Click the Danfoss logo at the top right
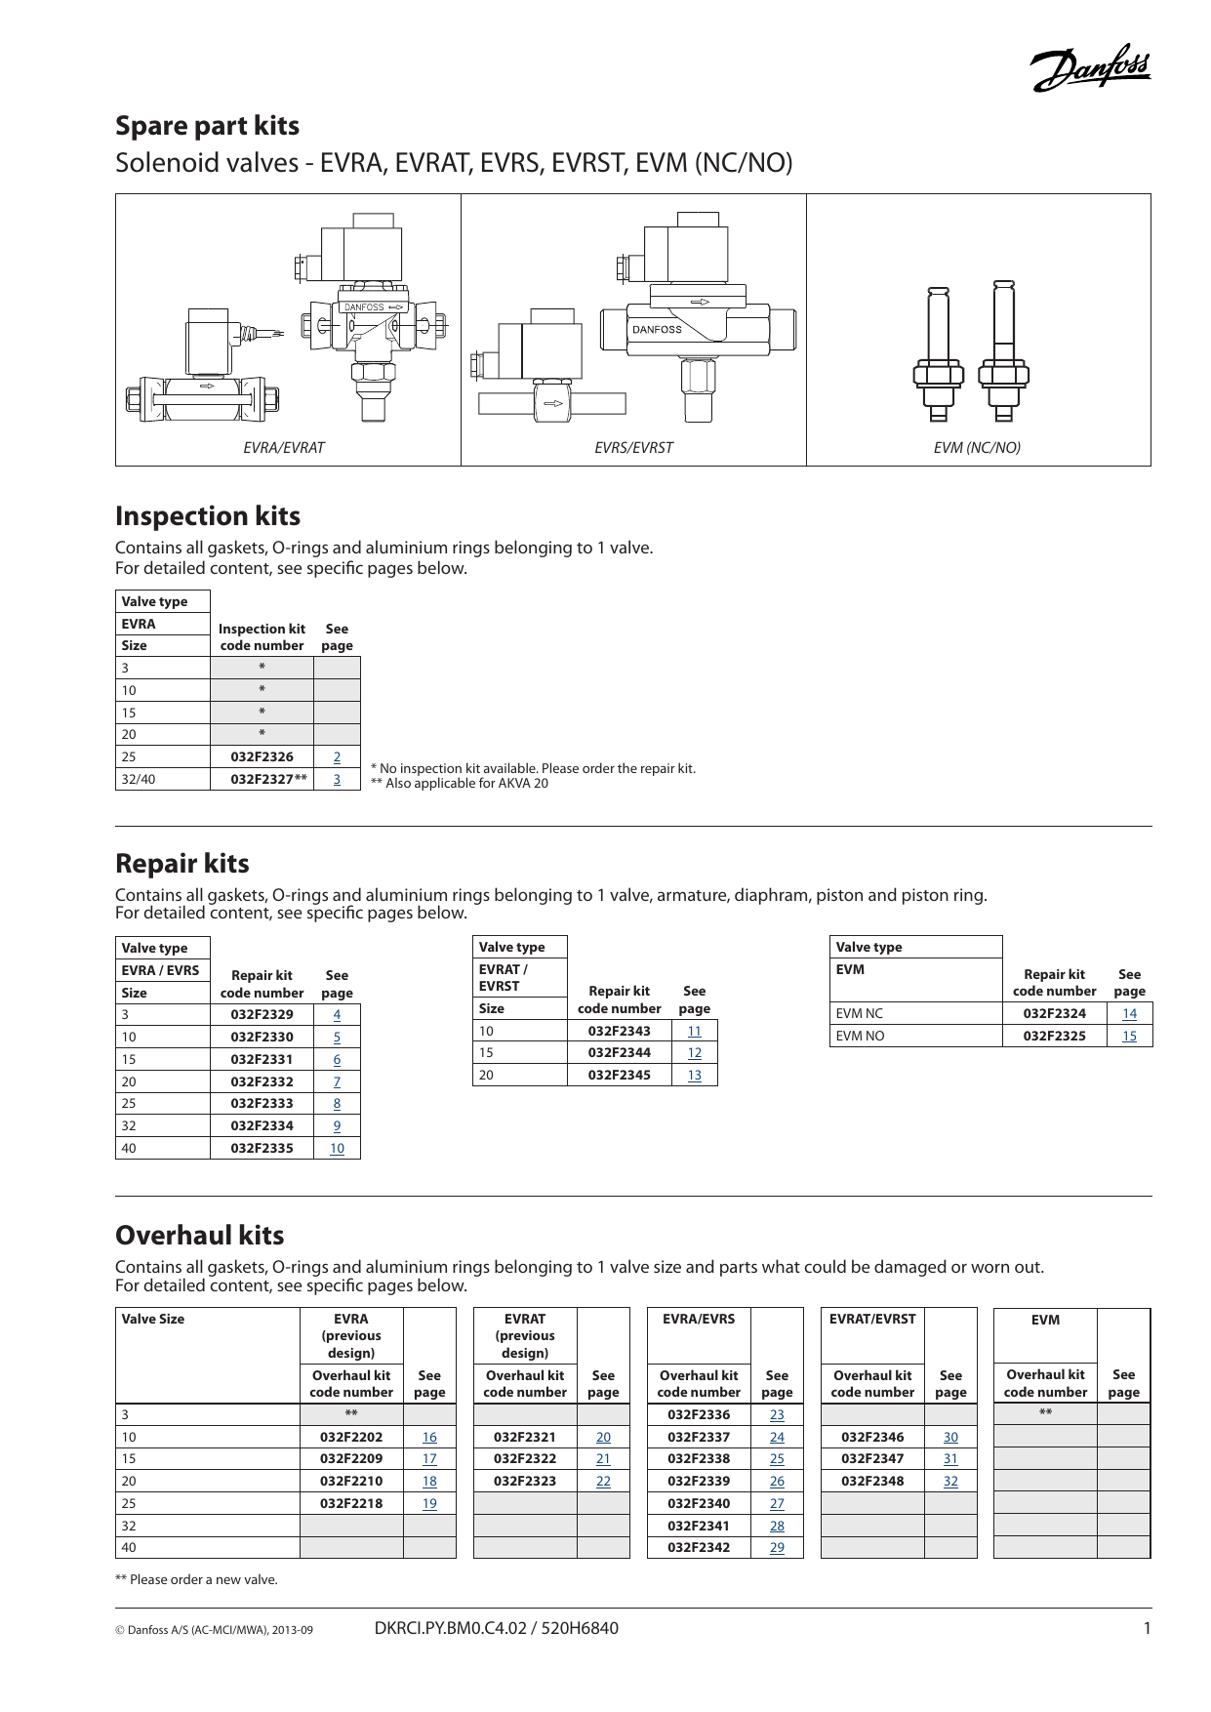tap(1091, 69)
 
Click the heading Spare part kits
tap(207, 126)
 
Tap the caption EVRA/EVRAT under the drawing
tap(283, 448)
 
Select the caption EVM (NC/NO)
tap(977, 448)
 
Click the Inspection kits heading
tap(208, 516)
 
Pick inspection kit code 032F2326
tap(262, 756)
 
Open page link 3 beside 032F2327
tap(337, 779)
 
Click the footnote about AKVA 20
tap(460, 784)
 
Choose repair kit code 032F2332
tap(262, 1081)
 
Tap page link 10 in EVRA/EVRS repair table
tap(337, 1148)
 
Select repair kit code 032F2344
tap(619, 1052)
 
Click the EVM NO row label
tap(860, 1036)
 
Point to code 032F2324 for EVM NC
tap(1054, 1013)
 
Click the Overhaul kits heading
tap(200, 1236)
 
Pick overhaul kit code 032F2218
tap(351, 1503)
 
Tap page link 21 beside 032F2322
tap(603, 1458)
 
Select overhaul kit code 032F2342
tap(699, 1547)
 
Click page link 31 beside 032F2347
tap(950, 1458)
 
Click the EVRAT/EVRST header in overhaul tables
tap(872, 1319)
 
